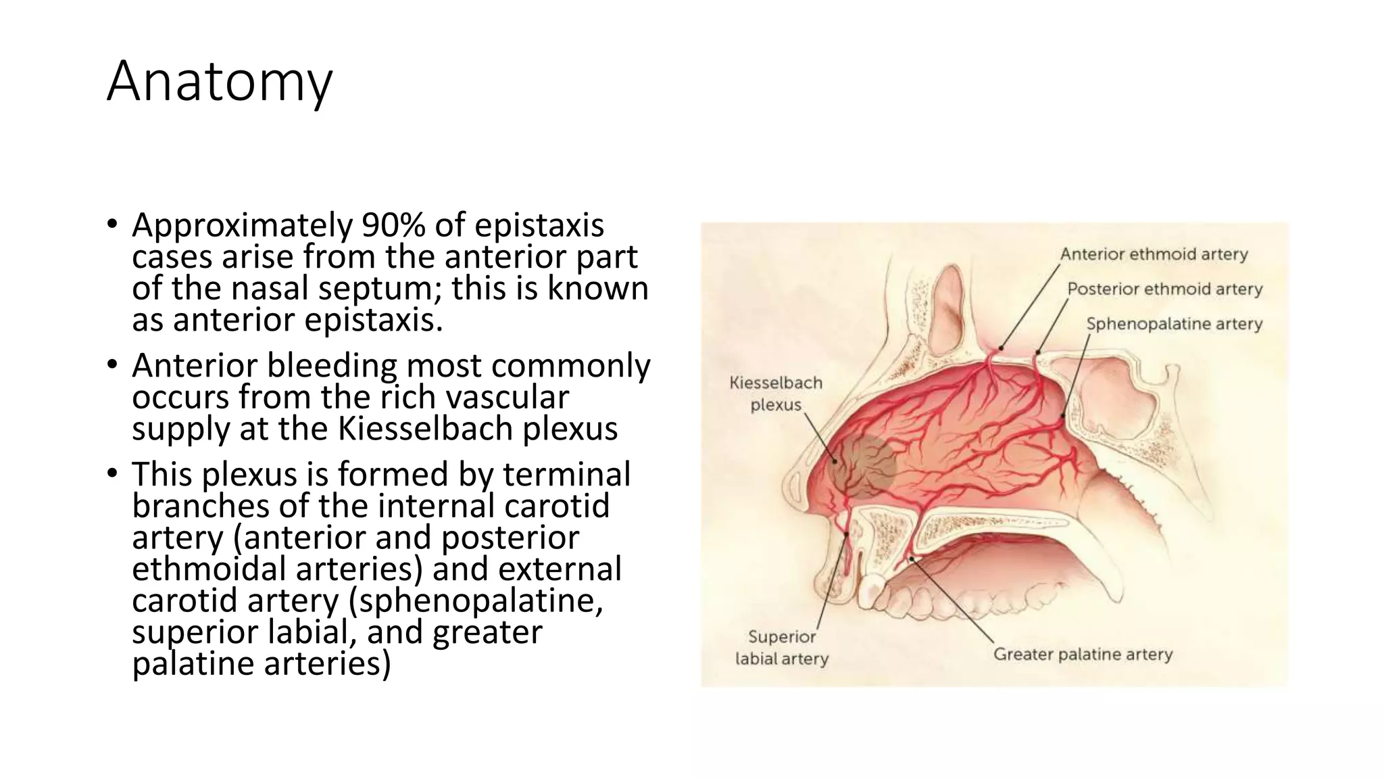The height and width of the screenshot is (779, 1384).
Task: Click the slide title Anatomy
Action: (x=220, y=82)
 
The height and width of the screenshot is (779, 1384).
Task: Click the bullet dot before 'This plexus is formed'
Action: (x=112, y=473)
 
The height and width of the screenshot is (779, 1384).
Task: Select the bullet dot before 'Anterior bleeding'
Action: (x=112, y=365)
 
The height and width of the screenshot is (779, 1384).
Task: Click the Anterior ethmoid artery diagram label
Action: (x=1154, y=255)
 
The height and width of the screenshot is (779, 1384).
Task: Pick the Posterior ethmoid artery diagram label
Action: (x=1164, y=289)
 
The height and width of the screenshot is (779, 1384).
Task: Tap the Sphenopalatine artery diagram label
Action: (x=1174, y=325)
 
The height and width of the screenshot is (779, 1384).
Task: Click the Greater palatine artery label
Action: (x=1083, y=655)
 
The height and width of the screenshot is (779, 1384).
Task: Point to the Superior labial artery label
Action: (x=782, y=648)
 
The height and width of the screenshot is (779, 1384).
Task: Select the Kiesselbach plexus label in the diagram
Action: (x=776, y=394)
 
